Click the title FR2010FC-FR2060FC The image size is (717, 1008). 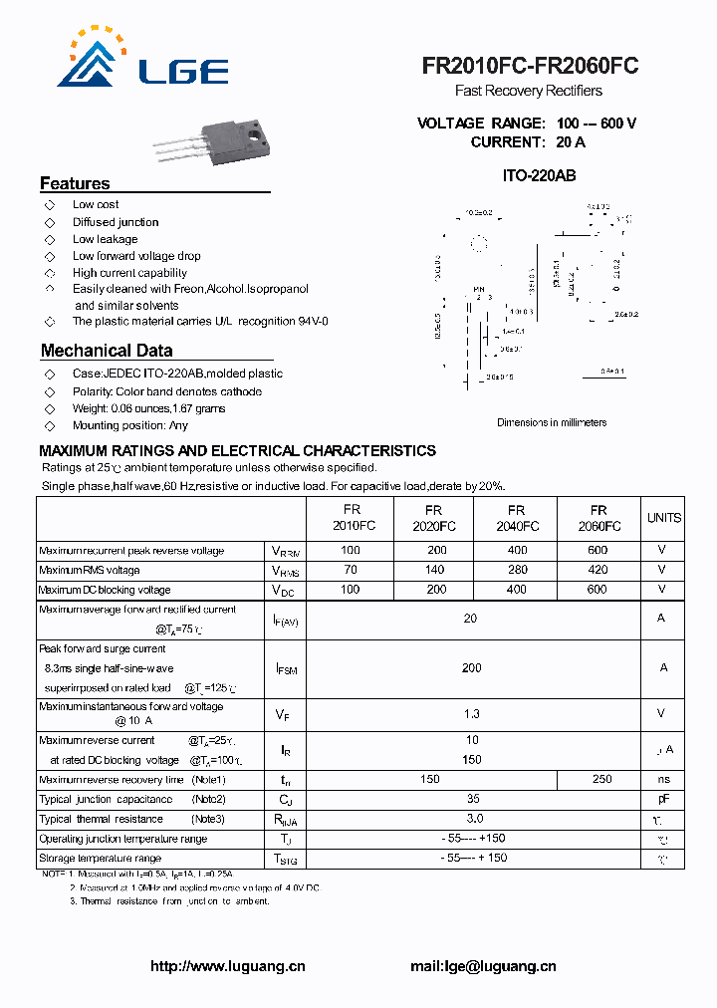coord(530,66)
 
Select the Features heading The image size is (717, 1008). coord(75,183)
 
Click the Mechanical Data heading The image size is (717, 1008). coord(107,351)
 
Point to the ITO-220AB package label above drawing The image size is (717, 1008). coord(539,175)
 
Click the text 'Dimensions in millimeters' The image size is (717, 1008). coord(552,422)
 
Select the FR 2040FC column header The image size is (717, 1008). coord(516,518)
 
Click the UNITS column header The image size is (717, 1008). coord(663,518)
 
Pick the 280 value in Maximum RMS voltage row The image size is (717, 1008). coord(516,570)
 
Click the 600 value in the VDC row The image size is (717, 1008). coord(597,590)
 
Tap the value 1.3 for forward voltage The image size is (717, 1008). coord(471,713)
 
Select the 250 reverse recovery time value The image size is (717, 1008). coord(601,779)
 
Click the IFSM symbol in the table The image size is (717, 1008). coord(286,669)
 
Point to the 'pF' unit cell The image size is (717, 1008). coord(663,799)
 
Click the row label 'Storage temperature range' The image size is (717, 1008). coord(100,858)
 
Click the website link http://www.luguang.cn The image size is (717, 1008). coord(227,966)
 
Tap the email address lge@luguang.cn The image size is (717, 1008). coord(483,966)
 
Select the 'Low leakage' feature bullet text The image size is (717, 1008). coord(105,239)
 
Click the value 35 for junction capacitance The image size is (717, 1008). coord(472,799)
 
